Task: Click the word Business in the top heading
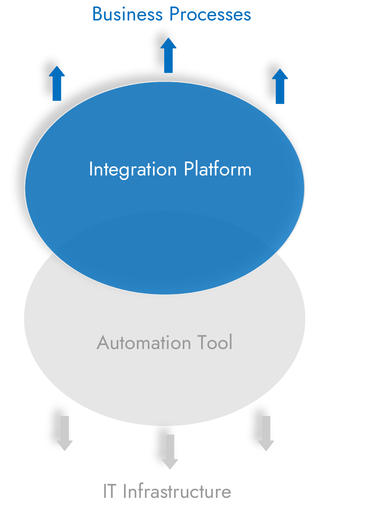[127, 14]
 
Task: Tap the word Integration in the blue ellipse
[133, 170]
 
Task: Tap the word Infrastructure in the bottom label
[177, 491]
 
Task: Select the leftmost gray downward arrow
[64, 433]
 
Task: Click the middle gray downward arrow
[170, 451]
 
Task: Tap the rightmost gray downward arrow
[266, 433]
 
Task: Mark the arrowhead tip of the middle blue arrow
[168, 38]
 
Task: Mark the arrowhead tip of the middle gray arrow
[170, 469]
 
